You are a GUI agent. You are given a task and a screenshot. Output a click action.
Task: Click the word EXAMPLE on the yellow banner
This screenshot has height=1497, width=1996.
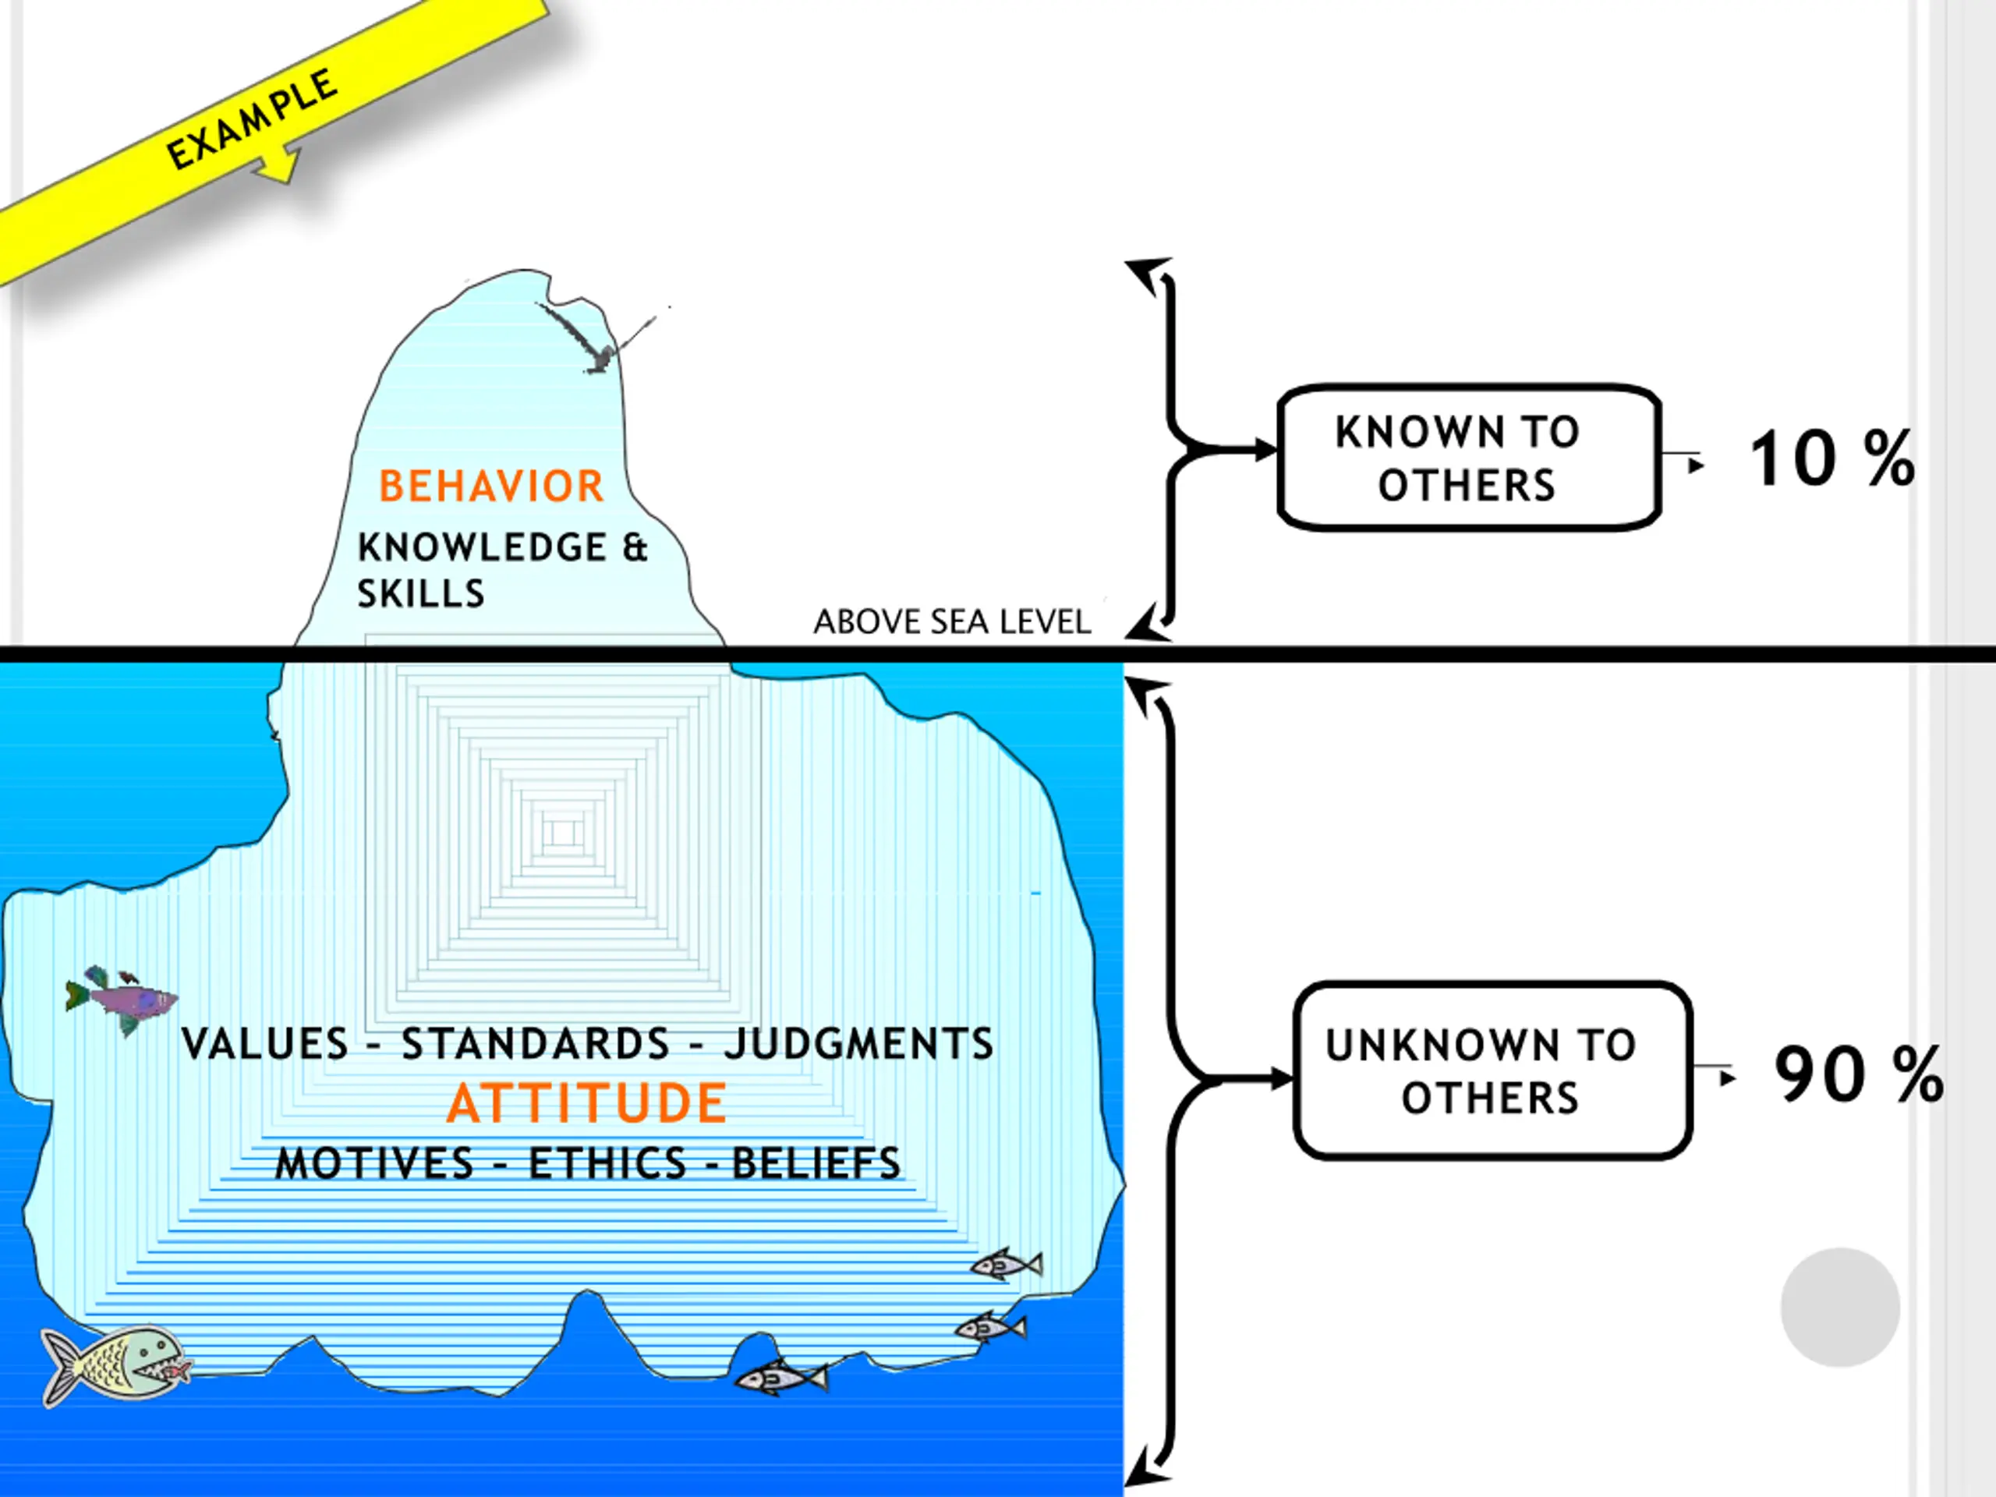click(253, 120)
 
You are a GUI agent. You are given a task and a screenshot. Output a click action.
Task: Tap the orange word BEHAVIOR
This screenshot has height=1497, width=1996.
click(491, 487)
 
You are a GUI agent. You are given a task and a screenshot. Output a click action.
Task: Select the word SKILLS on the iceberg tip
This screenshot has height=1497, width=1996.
click(420, 594)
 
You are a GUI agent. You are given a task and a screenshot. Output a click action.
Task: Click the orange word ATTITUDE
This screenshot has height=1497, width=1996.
click(586, 1103)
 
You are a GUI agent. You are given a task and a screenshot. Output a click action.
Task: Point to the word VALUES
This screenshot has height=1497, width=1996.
click(264, 1044)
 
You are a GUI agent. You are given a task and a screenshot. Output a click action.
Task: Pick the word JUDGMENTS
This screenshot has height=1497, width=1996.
click(858, 1044)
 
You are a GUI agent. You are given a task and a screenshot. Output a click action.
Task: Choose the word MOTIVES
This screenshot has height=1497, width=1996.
click(374, 1164)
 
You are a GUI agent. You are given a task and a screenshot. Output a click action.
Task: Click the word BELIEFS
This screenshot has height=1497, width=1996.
click(816, 1164)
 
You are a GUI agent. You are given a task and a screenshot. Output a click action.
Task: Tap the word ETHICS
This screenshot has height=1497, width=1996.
click(607, 1164)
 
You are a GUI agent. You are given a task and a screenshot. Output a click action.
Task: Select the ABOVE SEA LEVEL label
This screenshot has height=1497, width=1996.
click(952, 621)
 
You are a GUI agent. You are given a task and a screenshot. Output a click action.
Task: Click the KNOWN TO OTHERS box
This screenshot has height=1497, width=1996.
click(1468, 458)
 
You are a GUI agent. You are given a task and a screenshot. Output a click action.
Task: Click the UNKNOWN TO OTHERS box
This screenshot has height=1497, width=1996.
click(1492, 1071)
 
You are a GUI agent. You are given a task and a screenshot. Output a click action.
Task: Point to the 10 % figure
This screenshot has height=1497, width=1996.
click(1831, 459)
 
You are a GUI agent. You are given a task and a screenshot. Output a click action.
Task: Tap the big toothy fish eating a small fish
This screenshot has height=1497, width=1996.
click(113, 1364)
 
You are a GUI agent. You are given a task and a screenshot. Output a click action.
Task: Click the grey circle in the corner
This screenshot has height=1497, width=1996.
click(1840, 1308)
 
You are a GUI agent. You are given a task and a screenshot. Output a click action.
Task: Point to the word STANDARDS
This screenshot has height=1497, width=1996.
click(535, 1044)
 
